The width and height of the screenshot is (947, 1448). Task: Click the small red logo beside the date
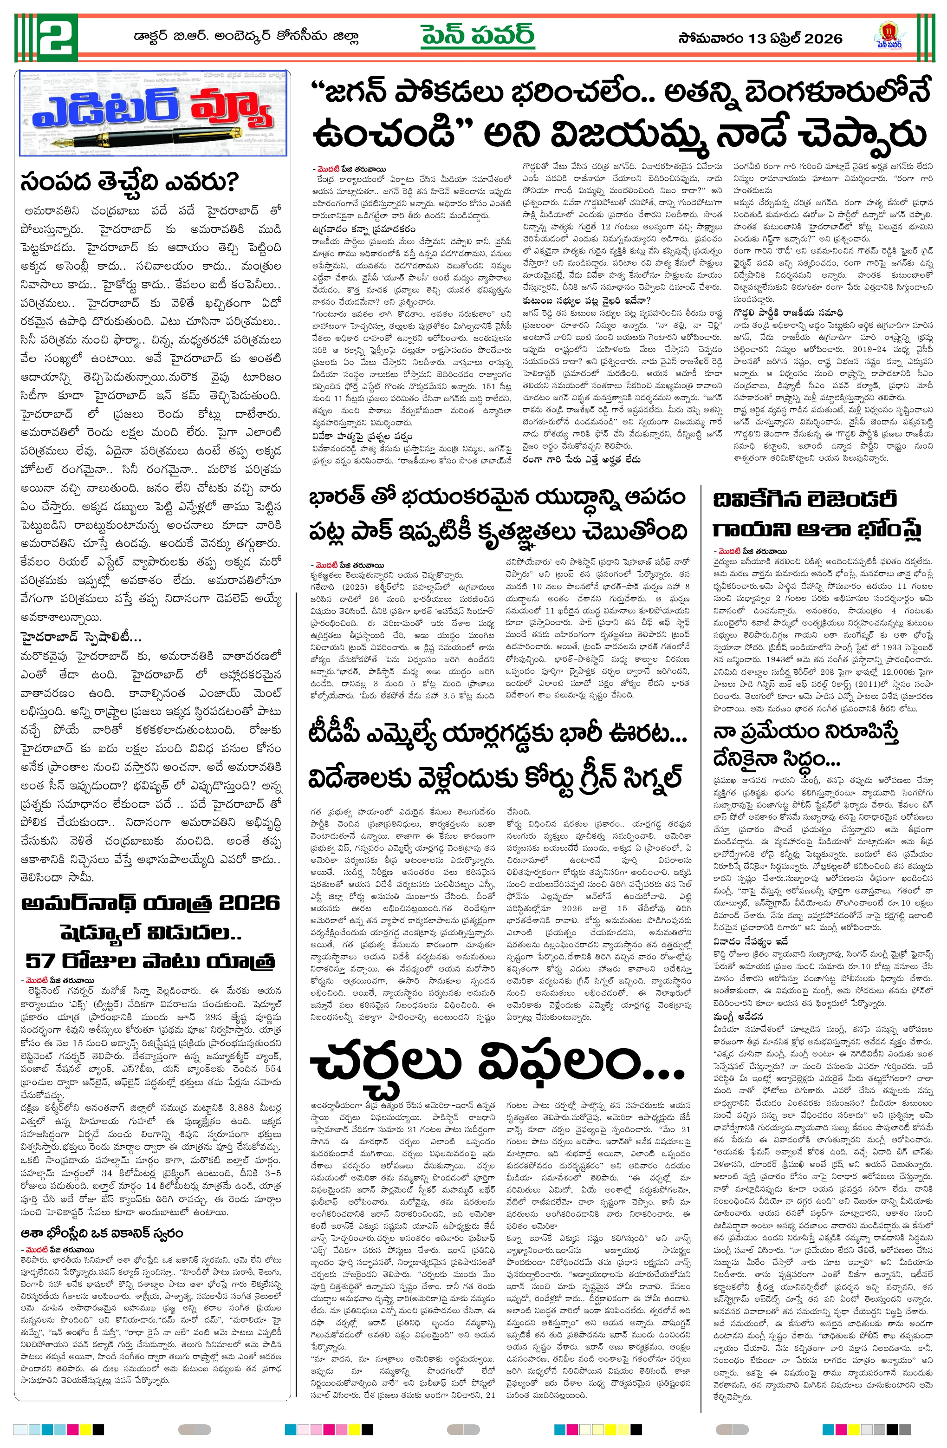tap(893, 36)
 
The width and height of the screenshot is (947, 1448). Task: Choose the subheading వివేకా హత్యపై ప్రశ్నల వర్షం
tap(361, 436)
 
